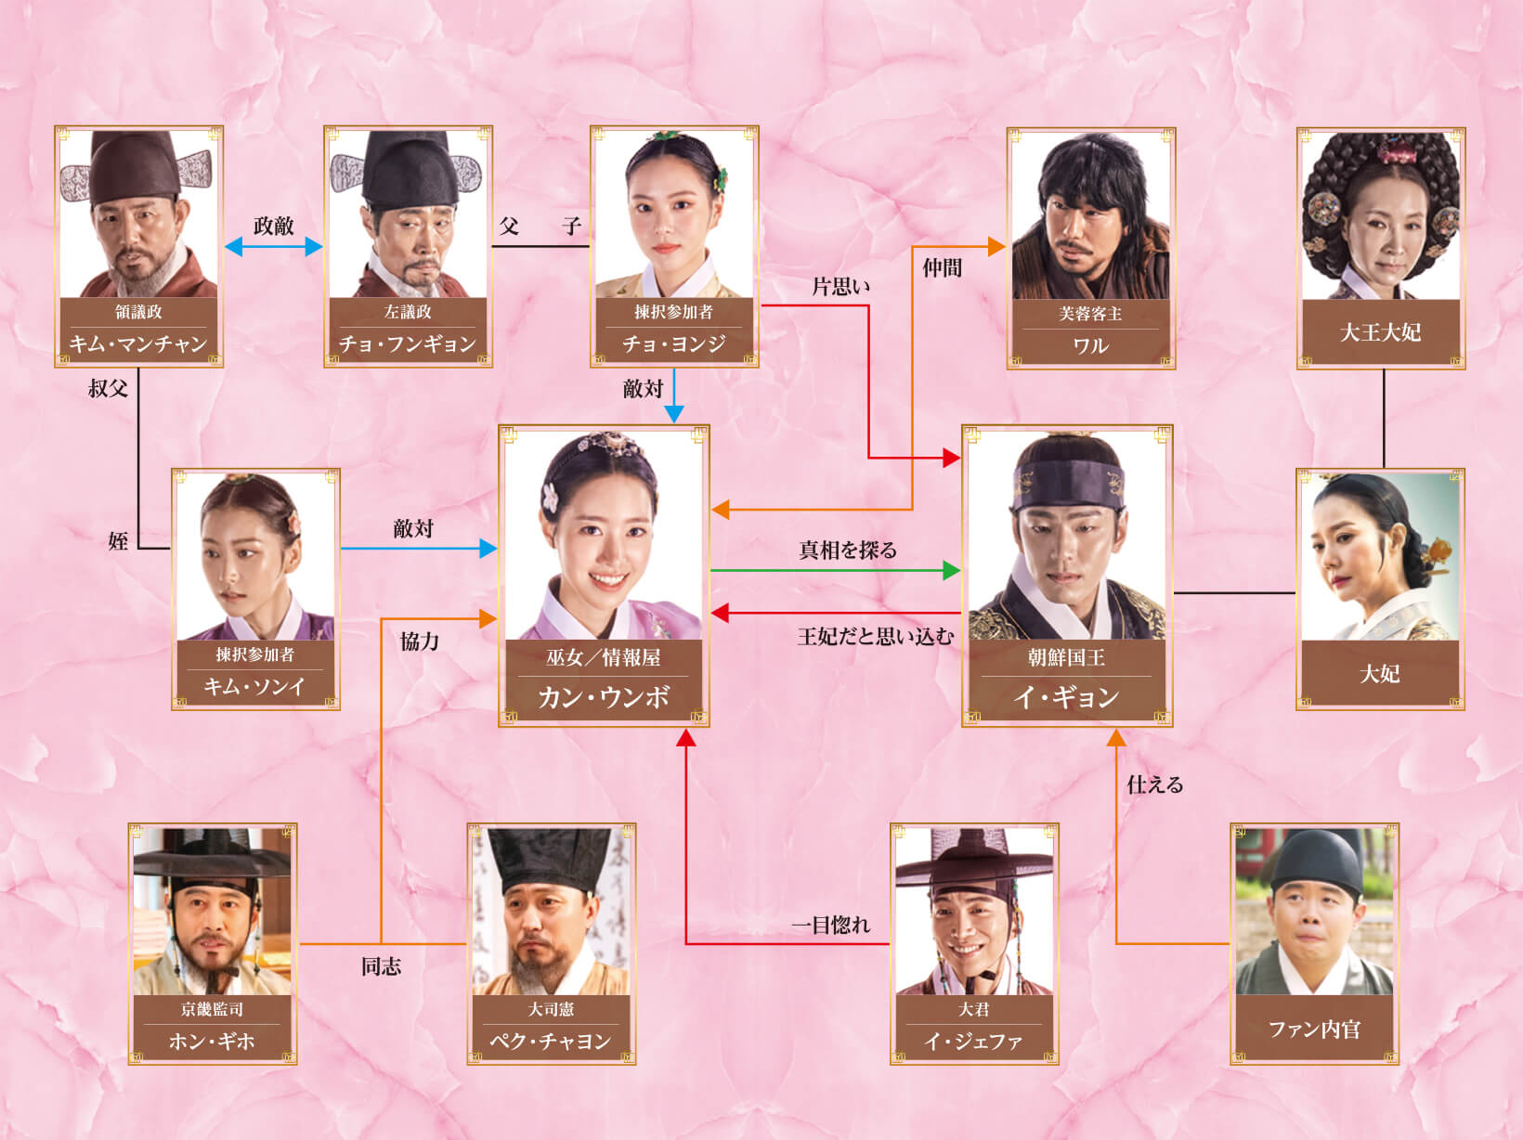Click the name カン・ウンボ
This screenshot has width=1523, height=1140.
click(x=604, y=696)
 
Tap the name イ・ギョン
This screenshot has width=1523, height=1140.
click(x=1066, y=696)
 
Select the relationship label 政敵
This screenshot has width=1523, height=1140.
click(x=273, y=226)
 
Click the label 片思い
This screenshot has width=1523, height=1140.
click(x=841, y=286)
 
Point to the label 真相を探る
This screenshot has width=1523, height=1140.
click(x=848, y=550)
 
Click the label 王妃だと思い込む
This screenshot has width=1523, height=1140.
click(x=876, y=636)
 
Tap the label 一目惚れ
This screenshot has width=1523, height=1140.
click(x=831, y=925)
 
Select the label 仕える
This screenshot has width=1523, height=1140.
click(x=1155, y=784)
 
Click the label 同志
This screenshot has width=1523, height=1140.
click(x=381, y=966)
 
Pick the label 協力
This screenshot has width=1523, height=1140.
click(x=420, y=641)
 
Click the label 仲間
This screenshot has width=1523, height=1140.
click(x=943, y=267)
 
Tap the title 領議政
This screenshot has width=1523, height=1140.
click(x=138, y=311)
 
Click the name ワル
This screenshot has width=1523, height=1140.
click(x=1091, y=345)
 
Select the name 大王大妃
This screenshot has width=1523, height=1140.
click(x=1381, y=332)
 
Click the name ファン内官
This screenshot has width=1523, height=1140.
click(x=1314, y=1029)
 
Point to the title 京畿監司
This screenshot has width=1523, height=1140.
click(x=213, y=1009)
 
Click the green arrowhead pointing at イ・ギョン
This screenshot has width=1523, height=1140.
click(x=952, y=571)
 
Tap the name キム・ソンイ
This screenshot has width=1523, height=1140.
click(x=254, y=686)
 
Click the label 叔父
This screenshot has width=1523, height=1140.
click(x=109, y=388)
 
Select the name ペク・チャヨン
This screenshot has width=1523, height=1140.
click(x=551, y=1041)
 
